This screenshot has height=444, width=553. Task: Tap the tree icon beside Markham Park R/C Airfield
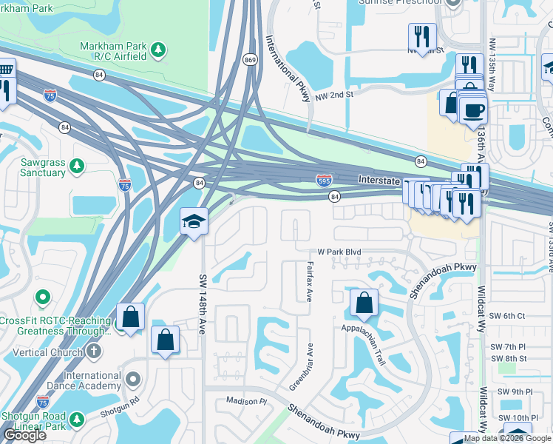157,50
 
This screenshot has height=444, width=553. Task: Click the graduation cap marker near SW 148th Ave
193,221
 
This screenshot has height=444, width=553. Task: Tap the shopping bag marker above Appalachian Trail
364,302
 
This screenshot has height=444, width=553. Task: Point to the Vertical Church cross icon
94,351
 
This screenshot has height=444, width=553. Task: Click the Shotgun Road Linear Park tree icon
76,420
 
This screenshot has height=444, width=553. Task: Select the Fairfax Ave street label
309,277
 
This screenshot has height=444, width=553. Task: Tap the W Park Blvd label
339,252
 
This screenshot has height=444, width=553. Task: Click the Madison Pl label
245,401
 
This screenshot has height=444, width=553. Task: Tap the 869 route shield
251,60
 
